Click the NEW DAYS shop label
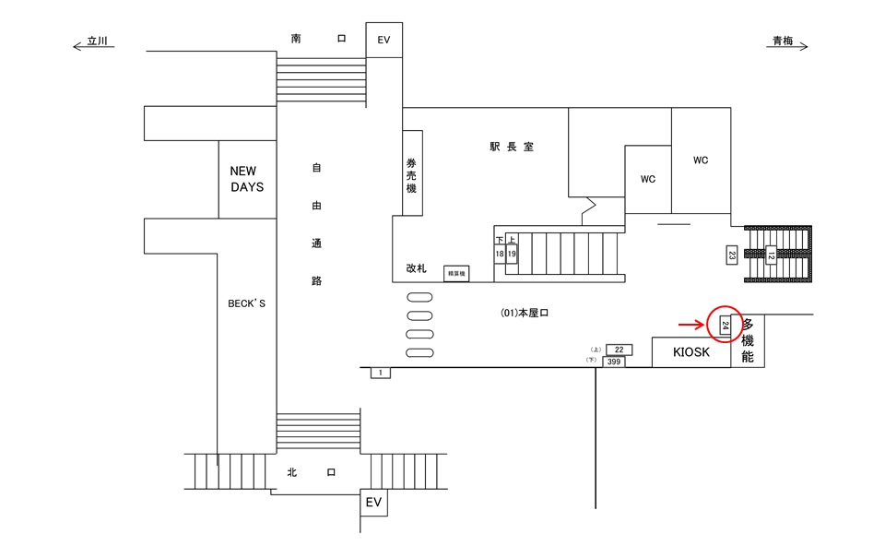pyautogui.click(x=246, y=179)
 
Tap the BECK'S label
pyautogui.click(x=246, y=303)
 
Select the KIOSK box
pyautogui.click(x=691, y=352)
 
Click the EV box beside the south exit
pyautogui.click(x=383, y=40)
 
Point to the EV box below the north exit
pyautogui.click(x=373, y=503)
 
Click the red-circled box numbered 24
pyautogui.click(x=725, y=325)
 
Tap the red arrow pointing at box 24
pyautogui.click(x=690, y=325)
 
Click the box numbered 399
pyautogui.click(x=614, y=362)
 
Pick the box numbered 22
pyautogui.click(x=619, y=350)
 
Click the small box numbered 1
pyautogui.click(x=380, y=373)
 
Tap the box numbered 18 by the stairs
pyautogui.click(x=500, y=253)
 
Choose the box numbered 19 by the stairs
pyautogui.click(x=512, y=253)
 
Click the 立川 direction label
pyautogui.click(x=97, y=42)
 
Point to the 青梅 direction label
pyautogui.click(x=784, y=42)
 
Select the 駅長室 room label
pyautogui.click(x=512, y=148)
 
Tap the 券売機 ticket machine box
pyautogui.click(x=412, y=174)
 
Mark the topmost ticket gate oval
pyautogui.click(x=419, y=296)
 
